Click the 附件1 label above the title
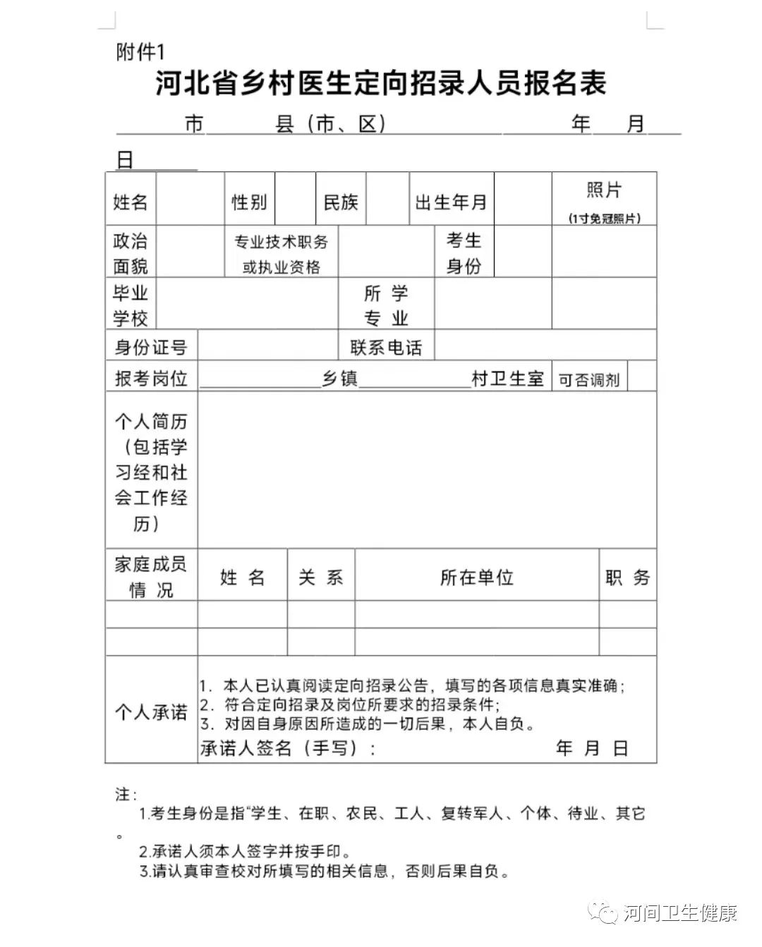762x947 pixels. pos(140,51)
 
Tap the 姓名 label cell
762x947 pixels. pos(131,202)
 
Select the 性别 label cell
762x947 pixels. pos(250,202)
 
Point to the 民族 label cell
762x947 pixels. pos(341,202)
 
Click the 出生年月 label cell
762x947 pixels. pos(452,202)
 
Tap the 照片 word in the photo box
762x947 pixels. pos(604,190)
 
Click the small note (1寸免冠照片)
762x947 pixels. pos(605,219)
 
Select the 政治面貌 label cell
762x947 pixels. pos(131,252)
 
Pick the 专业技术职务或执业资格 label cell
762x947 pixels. pos(282,254)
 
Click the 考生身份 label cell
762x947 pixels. pos(464,253)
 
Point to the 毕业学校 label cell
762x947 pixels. pos(131,305)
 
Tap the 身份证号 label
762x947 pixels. pos(151,348)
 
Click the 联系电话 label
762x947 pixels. pos(386,348)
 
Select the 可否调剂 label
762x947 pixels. pos(589,379)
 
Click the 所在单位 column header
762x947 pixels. pos(477,578)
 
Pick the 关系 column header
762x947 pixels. pos(321,578)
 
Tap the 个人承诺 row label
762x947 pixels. pos(151,711)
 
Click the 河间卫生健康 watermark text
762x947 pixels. pos(681,914)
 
